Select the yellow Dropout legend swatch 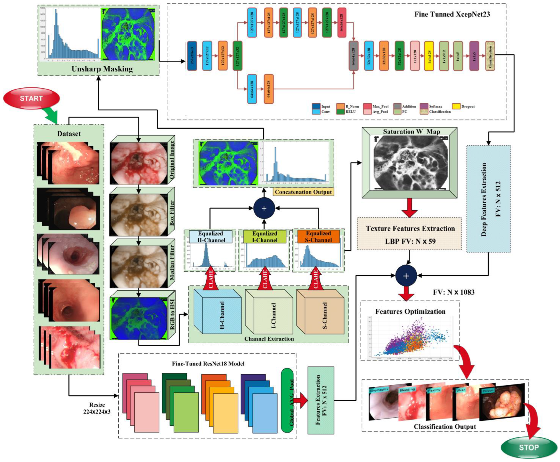pos(456,106)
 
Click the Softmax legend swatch pos(424,106)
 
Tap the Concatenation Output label pos(303,192)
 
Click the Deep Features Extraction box pos(488,199)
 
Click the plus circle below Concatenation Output pos(264,208)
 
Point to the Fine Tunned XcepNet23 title pos(452,14)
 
